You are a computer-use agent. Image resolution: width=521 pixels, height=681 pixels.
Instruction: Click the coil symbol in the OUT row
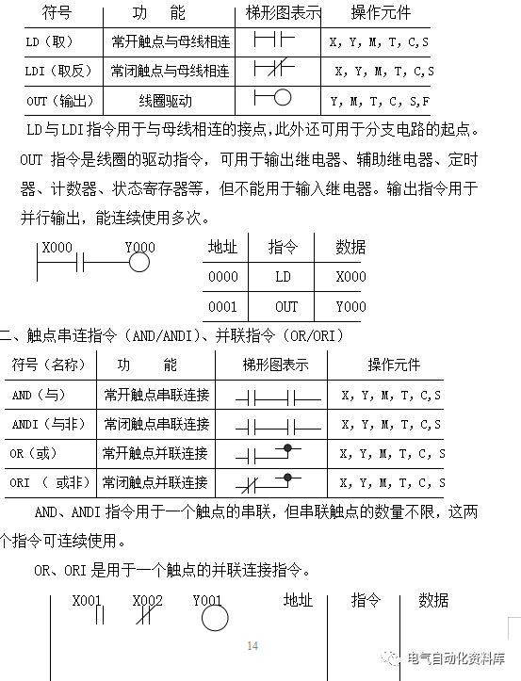click(280, 98)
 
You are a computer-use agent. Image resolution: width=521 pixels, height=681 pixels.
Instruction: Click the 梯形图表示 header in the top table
click(283, 14)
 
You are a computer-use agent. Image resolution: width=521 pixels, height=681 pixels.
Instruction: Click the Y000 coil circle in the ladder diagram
click(138, 262)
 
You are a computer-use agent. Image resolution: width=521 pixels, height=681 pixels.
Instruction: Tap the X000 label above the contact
click(58, 248)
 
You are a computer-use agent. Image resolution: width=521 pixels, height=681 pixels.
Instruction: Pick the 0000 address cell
click(223, 277)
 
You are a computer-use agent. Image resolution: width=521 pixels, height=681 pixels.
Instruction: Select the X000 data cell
click(350, 277)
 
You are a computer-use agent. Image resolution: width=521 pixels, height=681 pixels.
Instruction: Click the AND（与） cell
click(38, 396)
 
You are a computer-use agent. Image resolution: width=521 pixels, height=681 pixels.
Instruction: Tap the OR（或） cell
click(35, 454)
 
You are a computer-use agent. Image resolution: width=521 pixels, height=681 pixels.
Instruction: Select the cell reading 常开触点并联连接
click(155, 454)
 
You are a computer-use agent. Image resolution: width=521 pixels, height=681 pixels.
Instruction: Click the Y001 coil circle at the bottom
click(214, 618)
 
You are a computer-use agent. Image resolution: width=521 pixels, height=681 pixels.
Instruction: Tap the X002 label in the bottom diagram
click(147, 600)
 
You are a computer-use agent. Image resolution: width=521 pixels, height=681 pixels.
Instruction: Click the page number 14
click(252, 645)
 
